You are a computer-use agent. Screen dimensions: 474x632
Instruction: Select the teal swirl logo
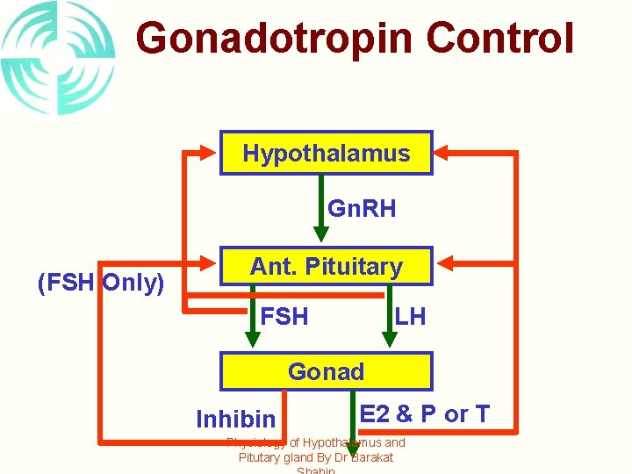(x=58, y=58)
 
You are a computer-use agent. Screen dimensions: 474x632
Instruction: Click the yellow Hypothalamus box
(x=326, y=154)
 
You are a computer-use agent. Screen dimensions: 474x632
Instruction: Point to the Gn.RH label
(x=361, y=209)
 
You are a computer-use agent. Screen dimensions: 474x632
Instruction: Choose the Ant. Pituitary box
(x=326, y=267)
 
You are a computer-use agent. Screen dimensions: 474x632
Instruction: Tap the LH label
(x=410, y=317)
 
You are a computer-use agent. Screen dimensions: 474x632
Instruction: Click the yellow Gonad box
(x=326, y=371)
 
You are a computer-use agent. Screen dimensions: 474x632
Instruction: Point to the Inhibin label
(x=235, y=420)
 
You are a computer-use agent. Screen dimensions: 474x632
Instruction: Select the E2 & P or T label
(x=425, y=414)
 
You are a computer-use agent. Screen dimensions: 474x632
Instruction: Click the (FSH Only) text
(x=100, y=284)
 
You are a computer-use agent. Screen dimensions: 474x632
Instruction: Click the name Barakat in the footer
(x=372, y=457)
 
